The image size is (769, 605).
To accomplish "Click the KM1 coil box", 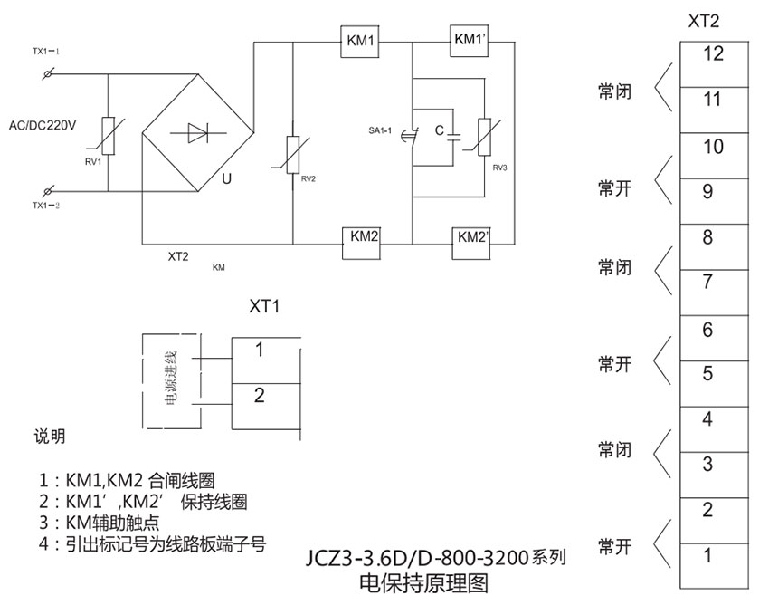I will point(362,41).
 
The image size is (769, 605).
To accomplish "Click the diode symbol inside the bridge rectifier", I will point(197,134).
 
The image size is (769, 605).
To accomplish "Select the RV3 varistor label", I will point(500,168).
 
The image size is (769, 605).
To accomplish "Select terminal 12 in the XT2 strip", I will point(713,54).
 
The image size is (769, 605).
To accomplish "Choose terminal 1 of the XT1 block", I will point(260,350).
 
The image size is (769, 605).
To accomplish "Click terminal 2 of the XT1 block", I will point(260,395).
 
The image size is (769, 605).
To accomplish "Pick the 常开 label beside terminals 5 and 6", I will point(613,365).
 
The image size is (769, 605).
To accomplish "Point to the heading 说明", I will point(51,437).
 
